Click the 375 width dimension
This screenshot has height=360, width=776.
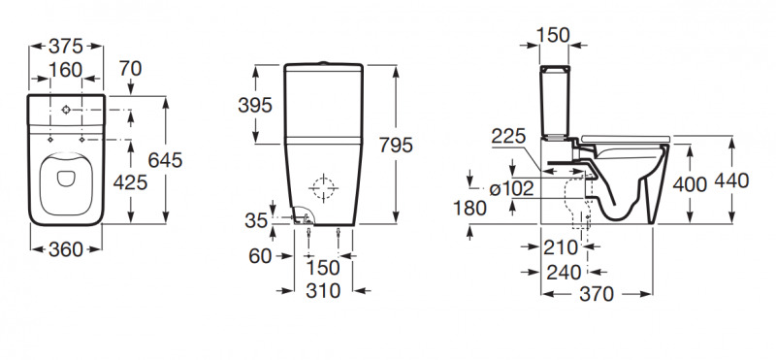(x=65, y=46)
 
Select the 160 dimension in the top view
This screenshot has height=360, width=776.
(x=65, y=71)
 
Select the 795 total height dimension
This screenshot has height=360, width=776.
(x=397, y=145)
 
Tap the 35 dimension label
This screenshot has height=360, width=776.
(x=256, y=220)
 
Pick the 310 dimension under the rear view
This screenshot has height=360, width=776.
(x=322, y=289)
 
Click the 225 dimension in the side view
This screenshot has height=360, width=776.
(x=510, y=136)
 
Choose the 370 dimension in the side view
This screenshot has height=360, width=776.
(x=596, y=295)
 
